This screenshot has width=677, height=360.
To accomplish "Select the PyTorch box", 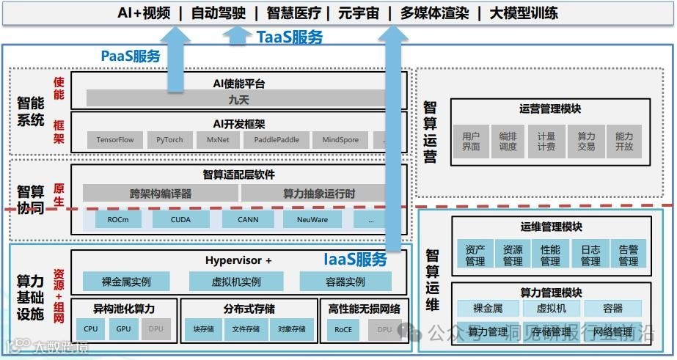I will (x=169, y=140).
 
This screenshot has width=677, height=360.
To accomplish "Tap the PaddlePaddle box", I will (x=277, y=140).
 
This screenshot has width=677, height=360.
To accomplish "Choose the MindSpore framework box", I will (x=340, y=140).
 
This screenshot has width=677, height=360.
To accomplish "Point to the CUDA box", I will (x=180, y=218).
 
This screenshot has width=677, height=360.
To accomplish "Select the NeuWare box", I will (x=312, y=218).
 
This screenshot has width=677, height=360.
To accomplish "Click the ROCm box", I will (x=118, y=218).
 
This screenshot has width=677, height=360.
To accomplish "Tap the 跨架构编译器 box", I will (x=160, y=193).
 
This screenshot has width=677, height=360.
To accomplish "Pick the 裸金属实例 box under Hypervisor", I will (x=126, y=281).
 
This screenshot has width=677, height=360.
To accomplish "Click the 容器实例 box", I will (x=345, y=281).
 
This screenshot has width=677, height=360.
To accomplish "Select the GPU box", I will (x=122, y=329).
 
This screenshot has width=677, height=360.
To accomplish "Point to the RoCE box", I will (x=343, y=329).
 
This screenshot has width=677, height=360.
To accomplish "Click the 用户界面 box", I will (x=471, y=141).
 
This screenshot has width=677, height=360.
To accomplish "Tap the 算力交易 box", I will (x=586, y=141).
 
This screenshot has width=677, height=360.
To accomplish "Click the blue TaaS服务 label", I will (x=289, y=37).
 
